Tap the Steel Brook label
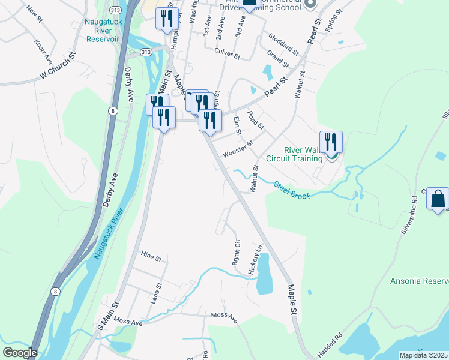[292, 190]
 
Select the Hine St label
[151, 257]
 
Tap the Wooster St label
[238, 148]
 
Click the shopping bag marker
[438, 198]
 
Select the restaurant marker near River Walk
[331, 142]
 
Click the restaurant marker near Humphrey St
[165, 18]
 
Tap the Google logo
[20, 353]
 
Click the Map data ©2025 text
[423, 355]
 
